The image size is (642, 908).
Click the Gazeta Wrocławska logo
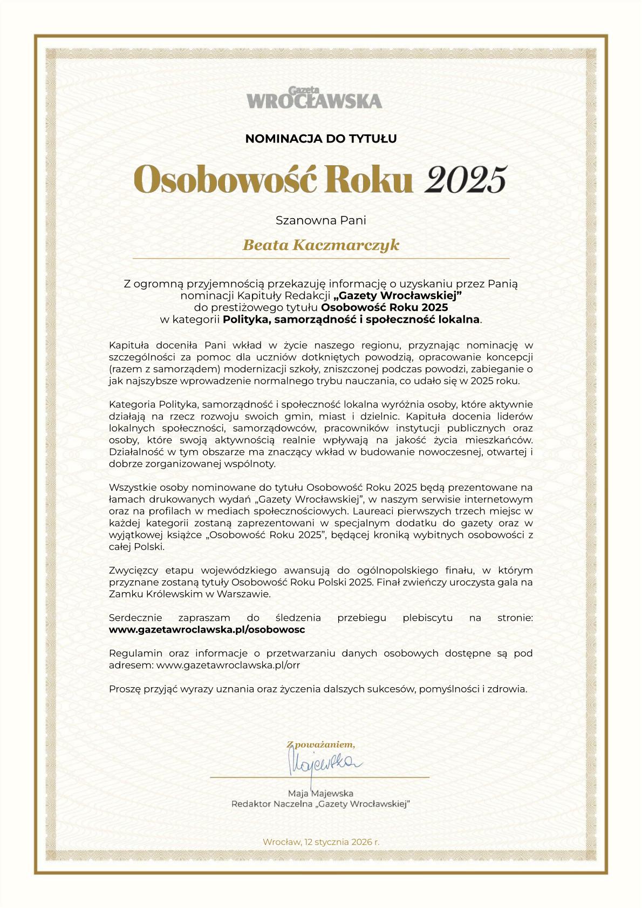(315, 98)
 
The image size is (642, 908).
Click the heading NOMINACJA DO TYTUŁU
(321, 139)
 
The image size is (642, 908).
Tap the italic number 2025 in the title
(466, 179)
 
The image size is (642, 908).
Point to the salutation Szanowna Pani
(321, 220)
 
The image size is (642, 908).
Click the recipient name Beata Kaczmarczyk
(321, 245)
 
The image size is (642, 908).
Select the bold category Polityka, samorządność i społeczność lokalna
(351, 319)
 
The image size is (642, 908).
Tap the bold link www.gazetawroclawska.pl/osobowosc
(207, 629)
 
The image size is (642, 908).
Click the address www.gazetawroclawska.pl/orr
(228, 665)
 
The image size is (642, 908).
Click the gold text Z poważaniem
(321, 745)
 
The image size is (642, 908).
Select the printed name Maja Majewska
(321, 793)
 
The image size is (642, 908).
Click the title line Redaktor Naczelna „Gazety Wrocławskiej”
(321, 804)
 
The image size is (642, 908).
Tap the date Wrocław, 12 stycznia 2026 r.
(321, 842)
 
